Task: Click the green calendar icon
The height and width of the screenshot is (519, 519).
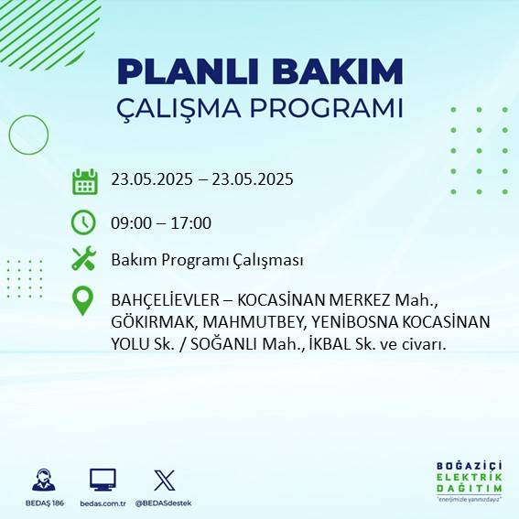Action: point(84,180)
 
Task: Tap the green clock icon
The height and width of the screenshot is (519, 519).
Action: point(84,222)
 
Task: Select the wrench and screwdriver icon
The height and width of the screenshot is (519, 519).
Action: point(84,260)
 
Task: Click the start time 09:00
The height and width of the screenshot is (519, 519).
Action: point(131,222)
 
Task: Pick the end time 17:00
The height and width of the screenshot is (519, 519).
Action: point(191,222)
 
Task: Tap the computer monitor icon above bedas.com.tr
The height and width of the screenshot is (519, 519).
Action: point(103,480)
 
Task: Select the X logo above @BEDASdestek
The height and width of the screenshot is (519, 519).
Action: point(165,480)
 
